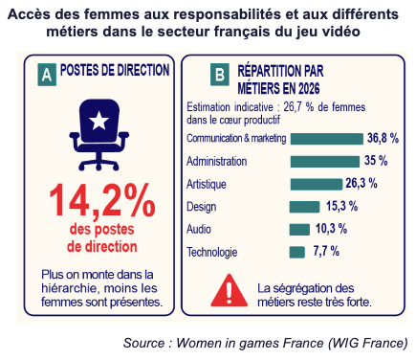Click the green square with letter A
(x=47, y=75)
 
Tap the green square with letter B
(x=220, y=75)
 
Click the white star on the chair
(x=99, y=121)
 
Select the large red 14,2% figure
(x=102, y=201)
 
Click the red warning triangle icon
(x=229, y=290)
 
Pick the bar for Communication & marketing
(x=327, y=139)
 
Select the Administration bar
(x=325, y=162)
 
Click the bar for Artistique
(x=317, y=184)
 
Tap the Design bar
(x=304, y=207)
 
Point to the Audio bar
(x=299, y=230)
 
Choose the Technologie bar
(x=297, y=252)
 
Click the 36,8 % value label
(x=383, y=138)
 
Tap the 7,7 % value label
(x=326, y=251)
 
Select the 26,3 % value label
(x=361, y=184)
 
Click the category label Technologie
(x=212, y=252)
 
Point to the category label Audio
(x=199, y=229)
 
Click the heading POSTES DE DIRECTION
(x=115, y=70)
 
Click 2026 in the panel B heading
(x=309, y=88)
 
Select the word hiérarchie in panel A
(x=68, y=288)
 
